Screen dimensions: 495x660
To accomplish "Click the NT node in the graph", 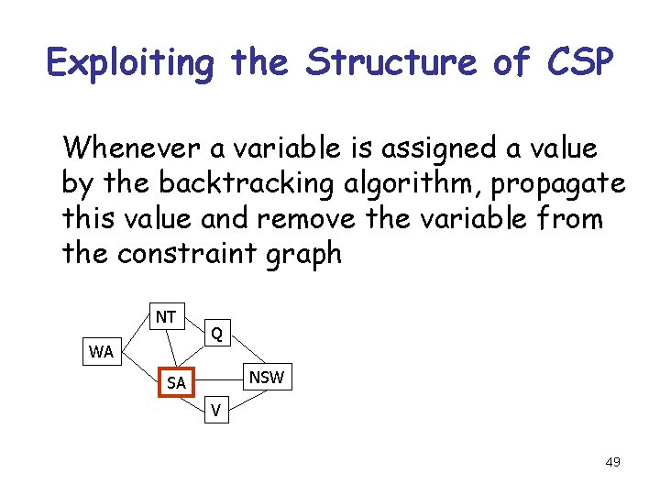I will pos(166,317).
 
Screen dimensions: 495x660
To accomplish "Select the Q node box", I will pos(215,334).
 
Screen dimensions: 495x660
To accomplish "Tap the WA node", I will pos(101,351).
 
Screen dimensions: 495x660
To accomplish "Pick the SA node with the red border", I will pos(175,382).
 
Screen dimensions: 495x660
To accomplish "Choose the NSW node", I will pos(267,377).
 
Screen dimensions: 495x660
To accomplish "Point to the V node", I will pos(215,410).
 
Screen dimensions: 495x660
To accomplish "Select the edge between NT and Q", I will pos(194,325).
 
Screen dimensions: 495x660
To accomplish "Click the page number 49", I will pos(612,462).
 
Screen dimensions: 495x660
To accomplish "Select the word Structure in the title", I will pos(389,63).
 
